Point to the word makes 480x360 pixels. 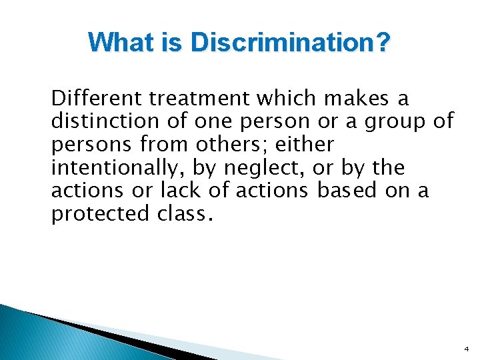click(x=357, y=99)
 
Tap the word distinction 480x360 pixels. click(x=103, y=121)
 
